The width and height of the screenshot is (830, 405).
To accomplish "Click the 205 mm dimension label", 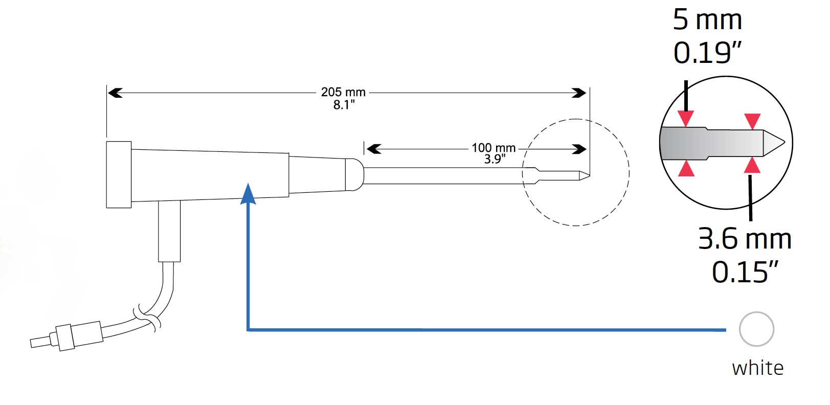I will coord(343,92).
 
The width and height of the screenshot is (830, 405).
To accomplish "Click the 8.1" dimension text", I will coord(344,105).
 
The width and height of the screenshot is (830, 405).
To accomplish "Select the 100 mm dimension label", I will coord(493,148).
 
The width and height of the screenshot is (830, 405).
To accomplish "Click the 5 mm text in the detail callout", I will coord(707,20).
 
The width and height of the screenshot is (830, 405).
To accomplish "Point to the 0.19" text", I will coord(707,53).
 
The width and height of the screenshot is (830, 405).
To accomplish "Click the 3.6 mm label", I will coord(745,239).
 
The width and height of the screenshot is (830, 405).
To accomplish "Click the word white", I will coord(757,368).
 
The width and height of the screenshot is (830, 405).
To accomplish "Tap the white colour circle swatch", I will coord(756,329).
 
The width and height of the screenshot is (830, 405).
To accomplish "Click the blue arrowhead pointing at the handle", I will coord(248,194).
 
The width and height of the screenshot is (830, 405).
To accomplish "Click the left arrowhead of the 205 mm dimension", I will coord(115,93).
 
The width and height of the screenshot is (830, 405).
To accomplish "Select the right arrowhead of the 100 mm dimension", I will coord(579,149).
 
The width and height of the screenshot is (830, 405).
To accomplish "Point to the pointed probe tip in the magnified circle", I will coord(775,143).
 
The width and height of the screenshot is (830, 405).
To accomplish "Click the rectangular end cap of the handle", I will coord(119,174).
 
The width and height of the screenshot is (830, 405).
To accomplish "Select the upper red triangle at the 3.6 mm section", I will coord(752,121).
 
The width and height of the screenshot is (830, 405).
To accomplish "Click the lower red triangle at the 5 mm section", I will coord(686,169).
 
